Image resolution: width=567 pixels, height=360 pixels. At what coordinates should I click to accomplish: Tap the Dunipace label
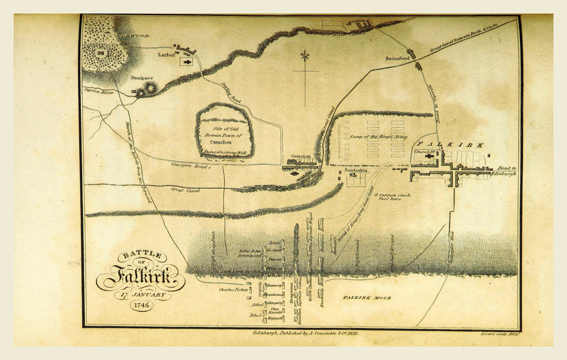click(x=142, y=78)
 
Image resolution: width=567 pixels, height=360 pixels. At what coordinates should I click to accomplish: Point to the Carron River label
click(x=99, y=92)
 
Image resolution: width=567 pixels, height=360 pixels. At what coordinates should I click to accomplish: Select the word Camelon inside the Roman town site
click(x=224, y=142)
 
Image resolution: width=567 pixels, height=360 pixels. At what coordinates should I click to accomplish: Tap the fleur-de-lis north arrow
click(x=305, y=57)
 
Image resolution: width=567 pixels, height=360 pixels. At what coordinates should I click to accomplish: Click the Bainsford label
click(x=397, y=58)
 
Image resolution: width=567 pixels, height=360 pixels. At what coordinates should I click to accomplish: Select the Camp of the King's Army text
click(x=379, y=136)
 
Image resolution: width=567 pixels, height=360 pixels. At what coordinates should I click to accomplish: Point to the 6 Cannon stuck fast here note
click(x=393, y=198)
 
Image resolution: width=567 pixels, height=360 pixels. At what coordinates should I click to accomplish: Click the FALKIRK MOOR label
click(x=366, y=298)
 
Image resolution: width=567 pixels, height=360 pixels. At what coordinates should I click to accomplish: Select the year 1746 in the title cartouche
click(x=141, y=305)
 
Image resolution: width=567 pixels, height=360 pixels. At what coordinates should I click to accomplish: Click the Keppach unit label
click(x=275, y=319)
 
